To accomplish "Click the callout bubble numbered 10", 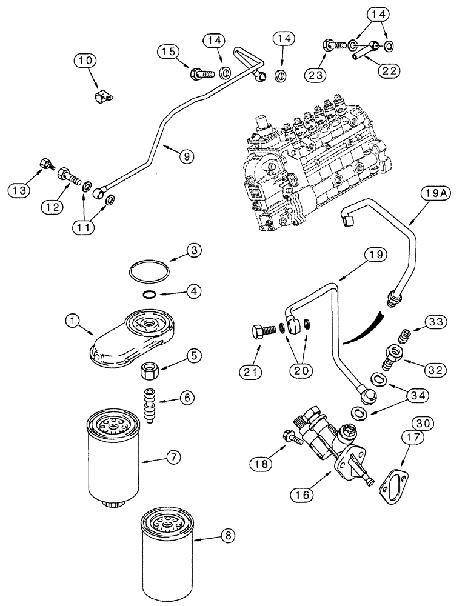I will click(85, 61).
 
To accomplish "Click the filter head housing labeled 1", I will click(136, 336).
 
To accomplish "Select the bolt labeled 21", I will click(259, 333).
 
